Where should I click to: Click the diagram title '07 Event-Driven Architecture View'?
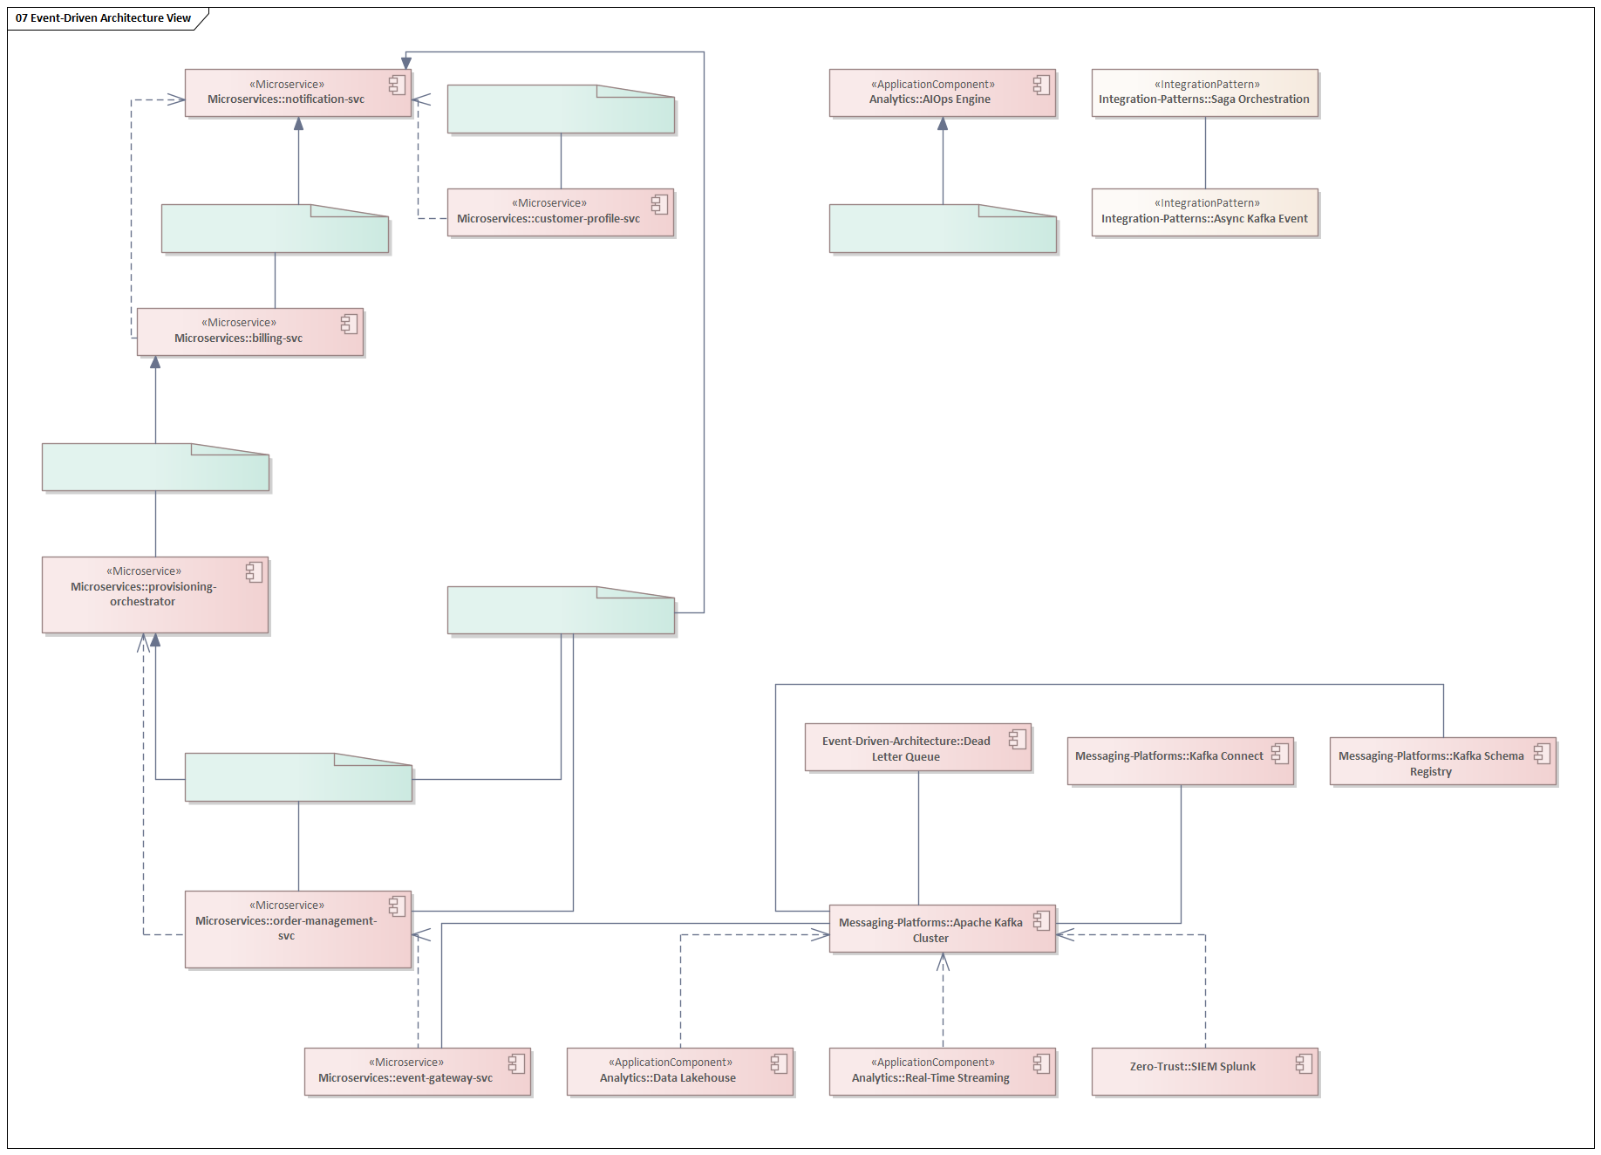tap(103, 17)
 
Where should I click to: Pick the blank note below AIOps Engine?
tap(942, 230)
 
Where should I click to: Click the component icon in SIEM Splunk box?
tap(1304, 1063)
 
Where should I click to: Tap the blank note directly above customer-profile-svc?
tap(560, 111)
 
